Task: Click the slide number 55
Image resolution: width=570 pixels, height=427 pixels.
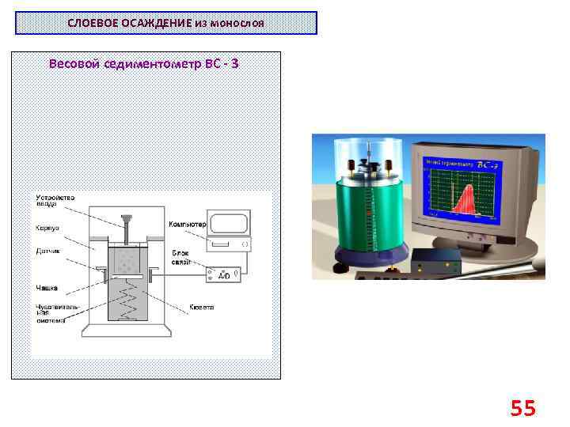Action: [x=523, y=408]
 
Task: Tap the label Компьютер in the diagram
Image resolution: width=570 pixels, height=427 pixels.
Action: [x=187, y=225]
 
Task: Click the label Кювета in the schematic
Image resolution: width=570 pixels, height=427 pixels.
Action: [x=201, y=306]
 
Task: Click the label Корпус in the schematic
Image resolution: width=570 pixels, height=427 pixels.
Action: [x=47, y=226]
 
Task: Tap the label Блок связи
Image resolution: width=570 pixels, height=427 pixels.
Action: [x=180, y=257]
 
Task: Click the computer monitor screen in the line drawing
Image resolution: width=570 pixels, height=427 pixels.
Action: [x=228, y=221]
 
